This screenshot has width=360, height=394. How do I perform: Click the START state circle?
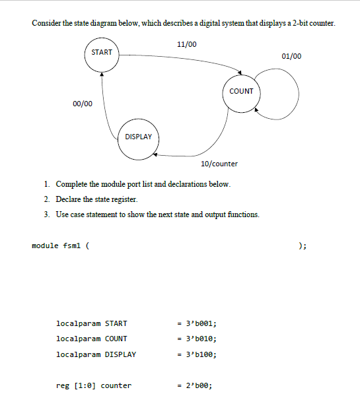pos(101,53)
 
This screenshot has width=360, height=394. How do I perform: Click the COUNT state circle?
pos(241,91)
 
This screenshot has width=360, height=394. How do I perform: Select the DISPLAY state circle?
pos(139,137)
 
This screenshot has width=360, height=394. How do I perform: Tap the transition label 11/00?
pos(187,44)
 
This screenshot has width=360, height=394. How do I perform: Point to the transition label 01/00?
pos(291,56)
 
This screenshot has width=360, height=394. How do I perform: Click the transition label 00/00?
pos(83,104)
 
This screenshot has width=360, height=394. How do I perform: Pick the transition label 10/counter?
pos(219,163)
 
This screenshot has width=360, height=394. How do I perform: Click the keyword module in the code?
pos(44,246)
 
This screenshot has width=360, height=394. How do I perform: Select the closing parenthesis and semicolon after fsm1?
pos(302,246)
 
